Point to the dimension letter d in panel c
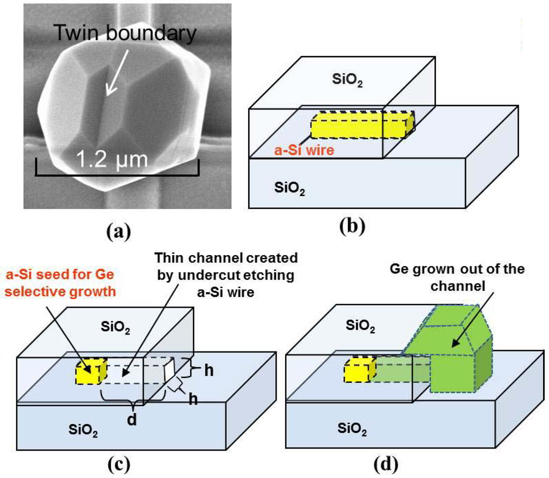(x=132, y=420)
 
